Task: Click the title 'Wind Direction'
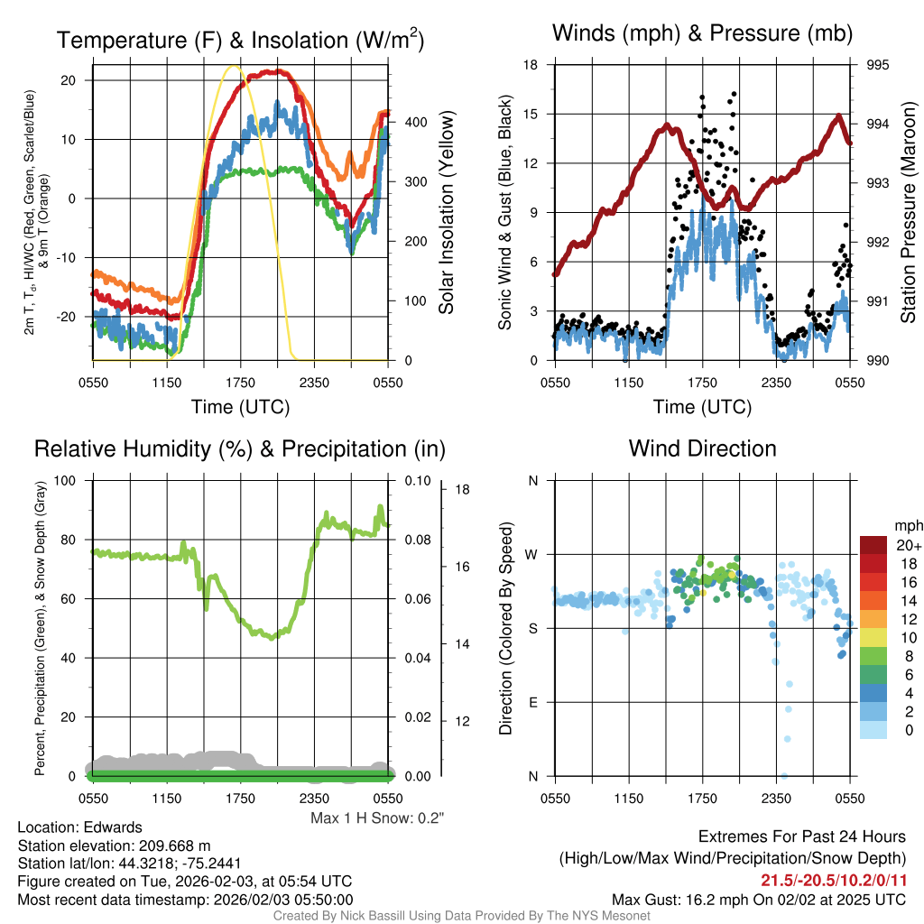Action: click(x=702, y=448)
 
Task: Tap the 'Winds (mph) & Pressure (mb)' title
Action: click(x=702, y=34)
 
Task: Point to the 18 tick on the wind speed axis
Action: click(x=531, y=65)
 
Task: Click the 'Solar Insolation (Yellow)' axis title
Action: click(x=446, y=212)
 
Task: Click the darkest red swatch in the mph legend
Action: click(x=873, y=545)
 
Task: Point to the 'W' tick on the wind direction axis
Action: click(x=532, y=554)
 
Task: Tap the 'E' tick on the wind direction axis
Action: click(x=532, y=702)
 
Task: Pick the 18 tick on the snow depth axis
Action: click(x=462, y=490)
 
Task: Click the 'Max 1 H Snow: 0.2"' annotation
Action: click(x=377, y=818)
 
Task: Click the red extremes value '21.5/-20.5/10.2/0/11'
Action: click(x=832, y=880)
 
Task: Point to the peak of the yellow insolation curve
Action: click(x=235, y=66)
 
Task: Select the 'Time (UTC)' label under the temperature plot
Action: click(x=240, y=407)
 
